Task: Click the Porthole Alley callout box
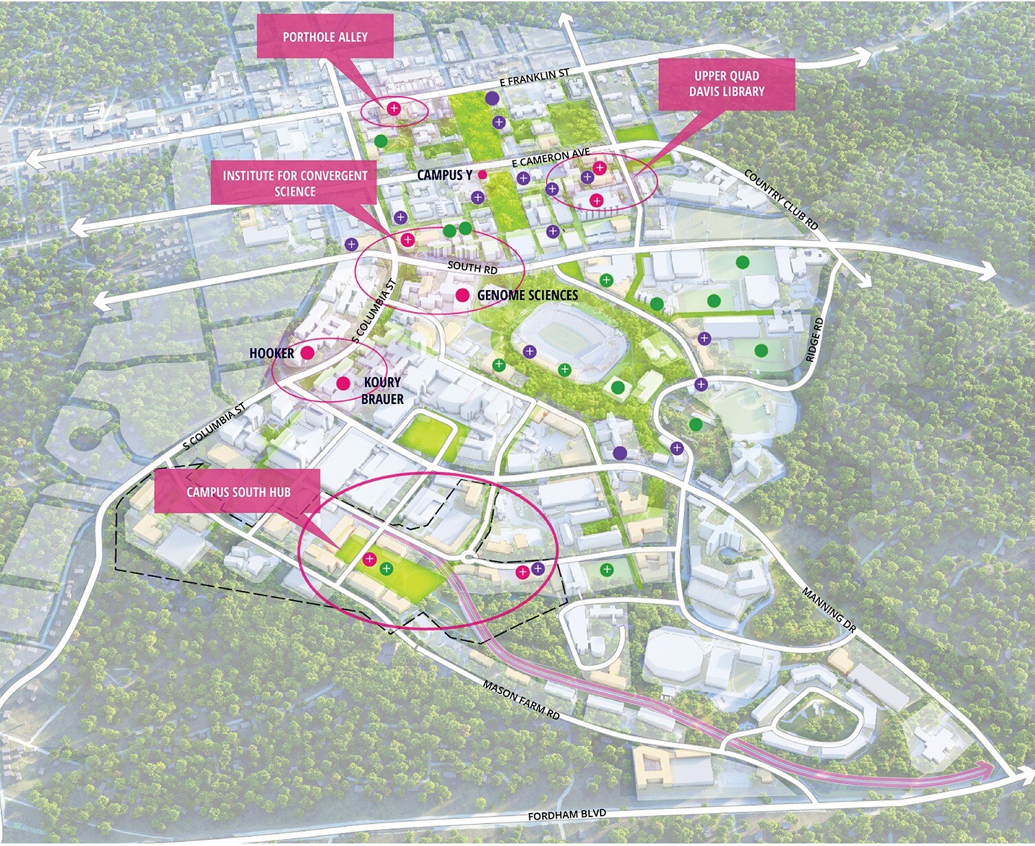[x=325, y=37]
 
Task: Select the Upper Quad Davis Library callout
[x=726, y=84]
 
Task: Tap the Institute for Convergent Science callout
[x=295, y=183]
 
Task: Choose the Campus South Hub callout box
[x=238, y=491]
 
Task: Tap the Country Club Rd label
[x=781, y=199]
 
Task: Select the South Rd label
[x=472, y=267]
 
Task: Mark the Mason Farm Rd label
[x=521, y=700]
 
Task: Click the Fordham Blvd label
[x=567, y=815]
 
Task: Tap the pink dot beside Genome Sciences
[x=463, y=296]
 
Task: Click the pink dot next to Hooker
[x=307, y=353]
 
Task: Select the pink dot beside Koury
[x=343, y=383]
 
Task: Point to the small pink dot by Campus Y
[x=482, y=175]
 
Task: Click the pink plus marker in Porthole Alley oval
[x=394, y=108]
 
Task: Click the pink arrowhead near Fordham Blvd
[x=986, y=770]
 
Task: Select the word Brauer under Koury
[x=382, y=399]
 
